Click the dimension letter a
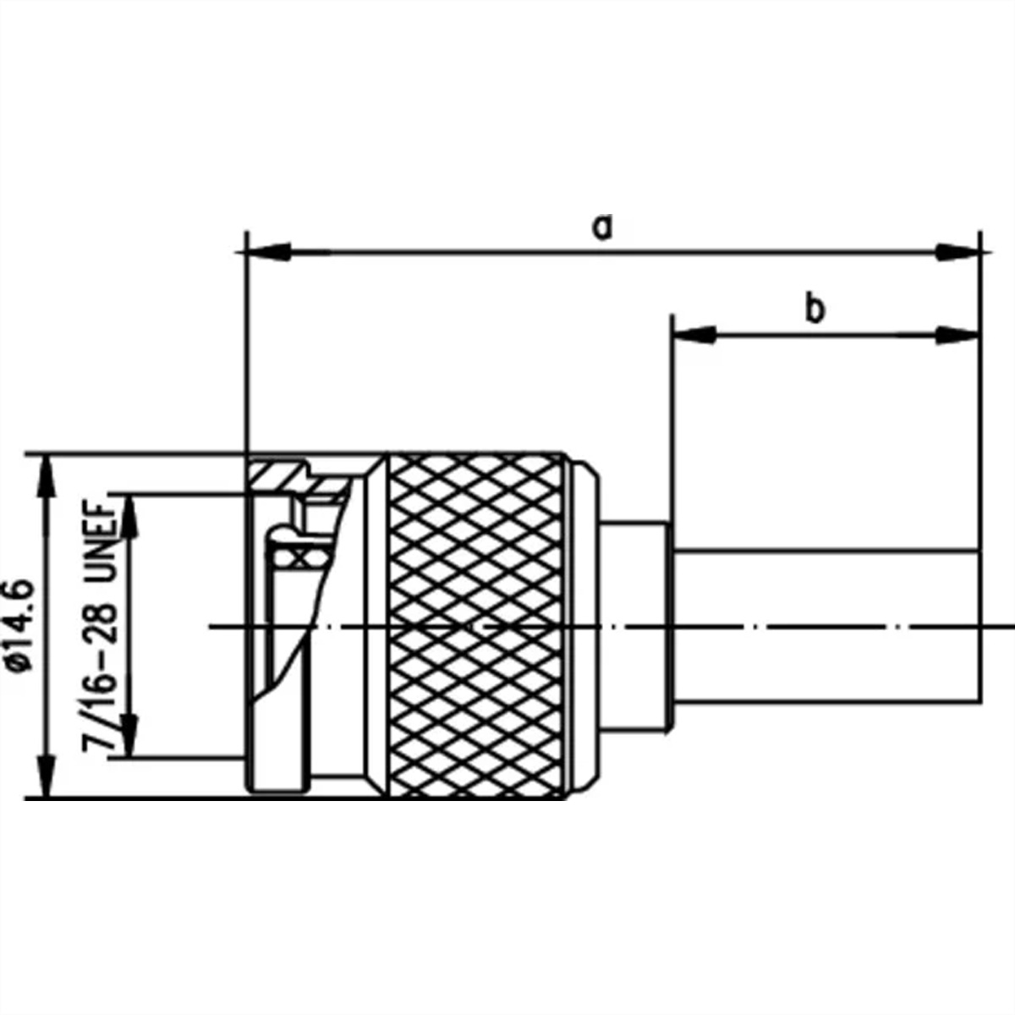coord(601,228)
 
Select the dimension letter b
coord(814,309)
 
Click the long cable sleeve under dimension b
coord(825,626)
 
